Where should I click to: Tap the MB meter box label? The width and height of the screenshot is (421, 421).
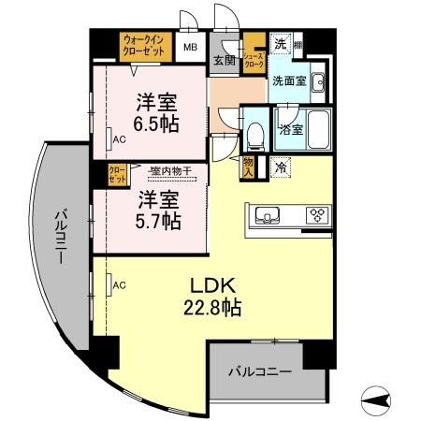tap(190, 46)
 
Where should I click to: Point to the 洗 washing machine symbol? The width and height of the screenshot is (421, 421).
tap(279, 43)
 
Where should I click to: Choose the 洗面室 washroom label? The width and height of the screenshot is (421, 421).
tap(289, 81)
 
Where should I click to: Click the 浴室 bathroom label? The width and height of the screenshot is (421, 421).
tap(289, 129)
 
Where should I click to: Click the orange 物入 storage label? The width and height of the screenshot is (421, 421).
tap(248, 167)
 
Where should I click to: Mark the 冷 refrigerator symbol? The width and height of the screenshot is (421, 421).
tap(281, 167)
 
